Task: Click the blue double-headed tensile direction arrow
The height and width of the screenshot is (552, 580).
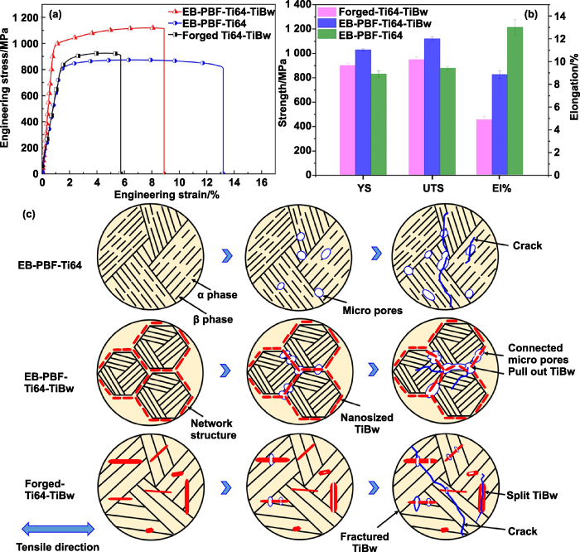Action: click(61, 527)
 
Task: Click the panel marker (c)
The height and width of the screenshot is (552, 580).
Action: click(29, 215)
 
